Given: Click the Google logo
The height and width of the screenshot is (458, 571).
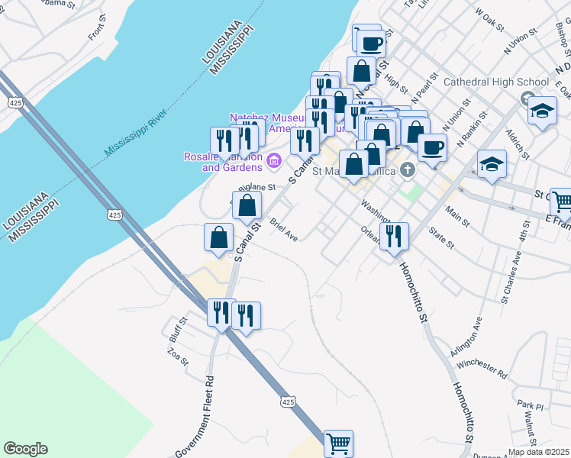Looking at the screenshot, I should [x=25, y=449].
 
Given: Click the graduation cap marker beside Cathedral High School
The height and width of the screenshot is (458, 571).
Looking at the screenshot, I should [x=541, y=111].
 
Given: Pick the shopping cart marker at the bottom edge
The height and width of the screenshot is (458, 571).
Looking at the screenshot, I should [x=338, y=442].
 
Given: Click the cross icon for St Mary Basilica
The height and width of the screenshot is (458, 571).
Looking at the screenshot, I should [x=408, y=169].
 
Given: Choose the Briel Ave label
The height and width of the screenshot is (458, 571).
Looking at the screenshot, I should [x=283, y=231].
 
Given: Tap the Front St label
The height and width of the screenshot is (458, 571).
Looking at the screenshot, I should [x=96, y=31].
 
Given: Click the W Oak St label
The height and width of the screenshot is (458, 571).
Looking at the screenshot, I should [x=490, y=18].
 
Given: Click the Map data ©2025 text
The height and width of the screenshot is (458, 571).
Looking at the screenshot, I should [x=537, y=452].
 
